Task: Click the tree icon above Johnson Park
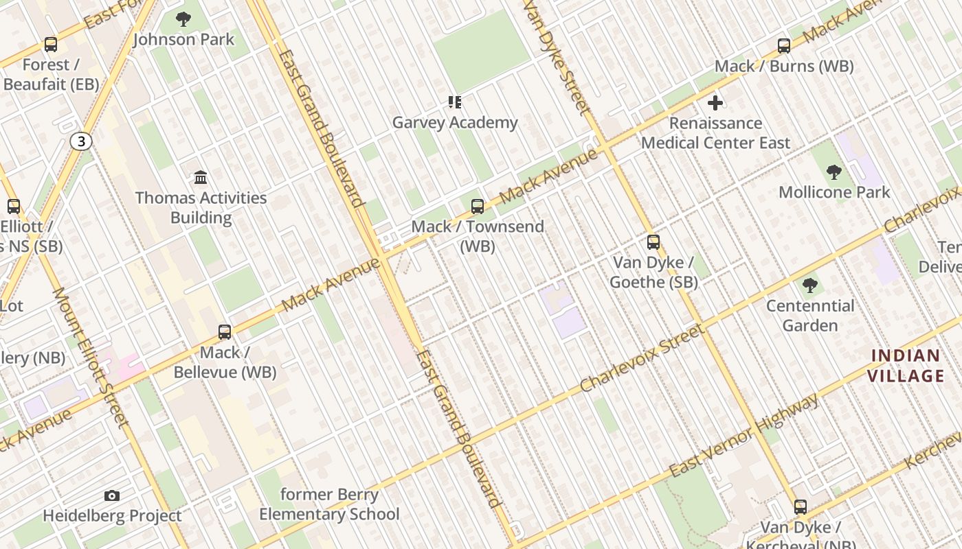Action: [183, 19]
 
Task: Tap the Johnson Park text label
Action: [183, 40]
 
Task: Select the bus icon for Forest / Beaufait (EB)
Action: [51, 45]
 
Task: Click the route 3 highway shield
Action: [81, 142]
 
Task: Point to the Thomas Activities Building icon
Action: [201, 178]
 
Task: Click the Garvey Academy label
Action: [455, 123]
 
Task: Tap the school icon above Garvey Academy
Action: [455, 102]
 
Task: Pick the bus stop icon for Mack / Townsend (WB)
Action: [478, 206]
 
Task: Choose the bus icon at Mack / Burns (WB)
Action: [784, 46]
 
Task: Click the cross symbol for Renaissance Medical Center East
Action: [715, 103]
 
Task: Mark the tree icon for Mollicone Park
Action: [834, 172]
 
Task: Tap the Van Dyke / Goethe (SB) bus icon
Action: [653, 242]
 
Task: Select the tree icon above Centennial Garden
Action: [810, 285]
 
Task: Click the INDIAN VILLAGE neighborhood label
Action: [906, 366]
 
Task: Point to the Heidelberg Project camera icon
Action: [112, 495]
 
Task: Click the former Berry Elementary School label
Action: [329, 504]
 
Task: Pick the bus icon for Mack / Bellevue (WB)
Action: [225, 332]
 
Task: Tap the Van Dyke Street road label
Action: [557, 58]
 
